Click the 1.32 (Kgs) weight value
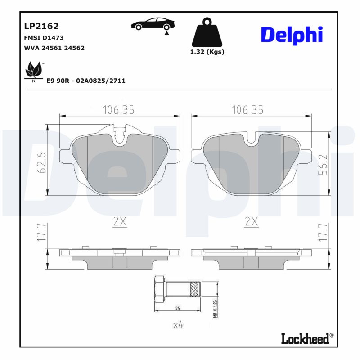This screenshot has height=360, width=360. click(x=207, y=52)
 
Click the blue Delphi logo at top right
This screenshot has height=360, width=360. click(x=292, y=35)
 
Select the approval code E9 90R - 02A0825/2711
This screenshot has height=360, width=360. click(x=86, y=81)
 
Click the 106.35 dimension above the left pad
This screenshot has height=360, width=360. click(x=119, y=110)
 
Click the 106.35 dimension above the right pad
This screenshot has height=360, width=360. click(x=247, y=110)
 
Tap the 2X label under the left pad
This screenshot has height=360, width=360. click(x=119, y=221)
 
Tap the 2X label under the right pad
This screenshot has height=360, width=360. click(x=251, y=221)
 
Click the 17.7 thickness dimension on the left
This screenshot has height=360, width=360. click(x=40, y=234)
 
